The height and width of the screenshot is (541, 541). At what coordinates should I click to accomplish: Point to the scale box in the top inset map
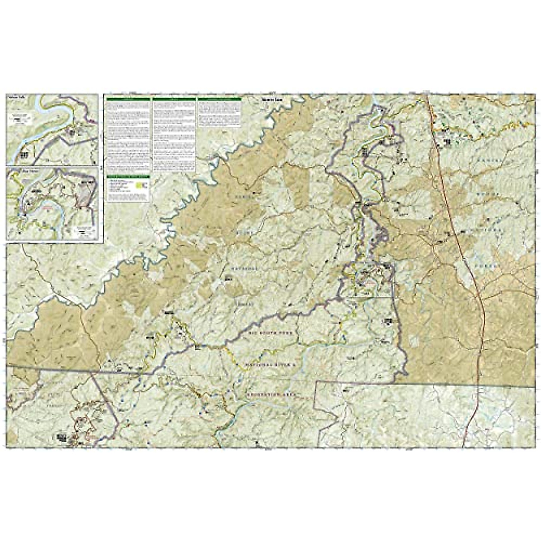click(18, 118)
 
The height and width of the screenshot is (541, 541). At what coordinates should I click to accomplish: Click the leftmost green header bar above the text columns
click(128, 99)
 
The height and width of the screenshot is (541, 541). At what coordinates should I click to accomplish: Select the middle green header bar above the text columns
click(174, 99)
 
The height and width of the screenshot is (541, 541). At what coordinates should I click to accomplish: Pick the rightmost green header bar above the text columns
click(220, 99)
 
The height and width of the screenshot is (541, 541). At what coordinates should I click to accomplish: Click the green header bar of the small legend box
click(128, 177)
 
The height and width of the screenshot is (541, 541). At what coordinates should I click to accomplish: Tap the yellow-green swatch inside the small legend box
click(143, 185)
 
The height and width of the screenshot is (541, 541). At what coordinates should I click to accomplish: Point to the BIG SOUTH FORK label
click(267, 332)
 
